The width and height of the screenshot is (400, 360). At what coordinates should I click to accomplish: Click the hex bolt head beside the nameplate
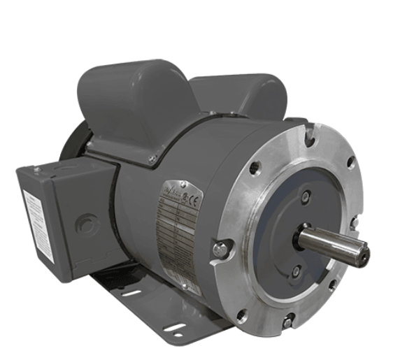click(221, 249)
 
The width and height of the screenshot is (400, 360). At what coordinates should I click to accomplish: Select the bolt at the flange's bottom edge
click(287, 322)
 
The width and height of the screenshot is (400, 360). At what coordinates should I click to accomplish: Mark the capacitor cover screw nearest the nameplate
click(152, 159)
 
